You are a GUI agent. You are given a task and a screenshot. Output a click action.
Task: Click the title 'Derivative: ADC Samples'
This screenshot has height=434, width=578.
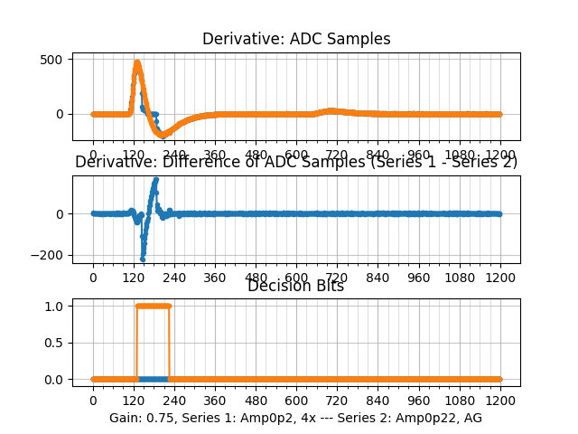click(296, 39)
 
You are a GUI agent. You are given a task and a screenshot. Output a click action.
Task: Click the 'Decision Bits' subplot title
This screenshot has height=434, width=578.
click(296, 286)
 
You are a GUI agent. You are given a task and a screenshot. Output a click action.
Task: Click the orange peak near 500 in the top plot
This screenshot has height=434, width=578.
click(137, 63)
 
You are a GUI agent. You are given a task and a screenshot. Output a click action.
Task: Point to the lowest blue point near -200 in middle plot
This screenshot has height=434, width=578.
click(143, 259)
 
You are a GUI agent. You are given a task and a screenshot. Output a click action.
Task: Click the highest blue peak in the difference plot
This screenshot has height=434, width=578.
click(156, 179)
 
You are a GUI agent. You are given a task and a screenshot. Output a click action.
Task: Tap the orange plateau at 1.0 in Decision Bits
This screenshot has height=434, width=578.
click(153, 306)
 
